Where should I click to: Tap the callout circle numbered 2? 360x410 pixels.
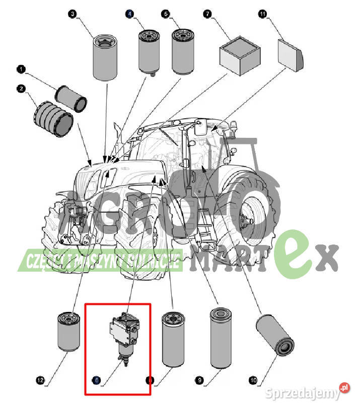(x=21, y=89)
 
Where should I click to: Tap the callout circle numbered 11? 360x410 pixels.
(x=262, y=15)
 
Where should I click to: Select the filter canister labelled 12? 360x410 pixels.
(x=68, y=332)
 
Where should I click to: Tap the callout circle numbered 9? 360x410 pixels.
(x=200, y=381)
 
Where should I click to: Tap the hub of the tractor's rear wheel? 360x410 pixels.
(x=247, y=220)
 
